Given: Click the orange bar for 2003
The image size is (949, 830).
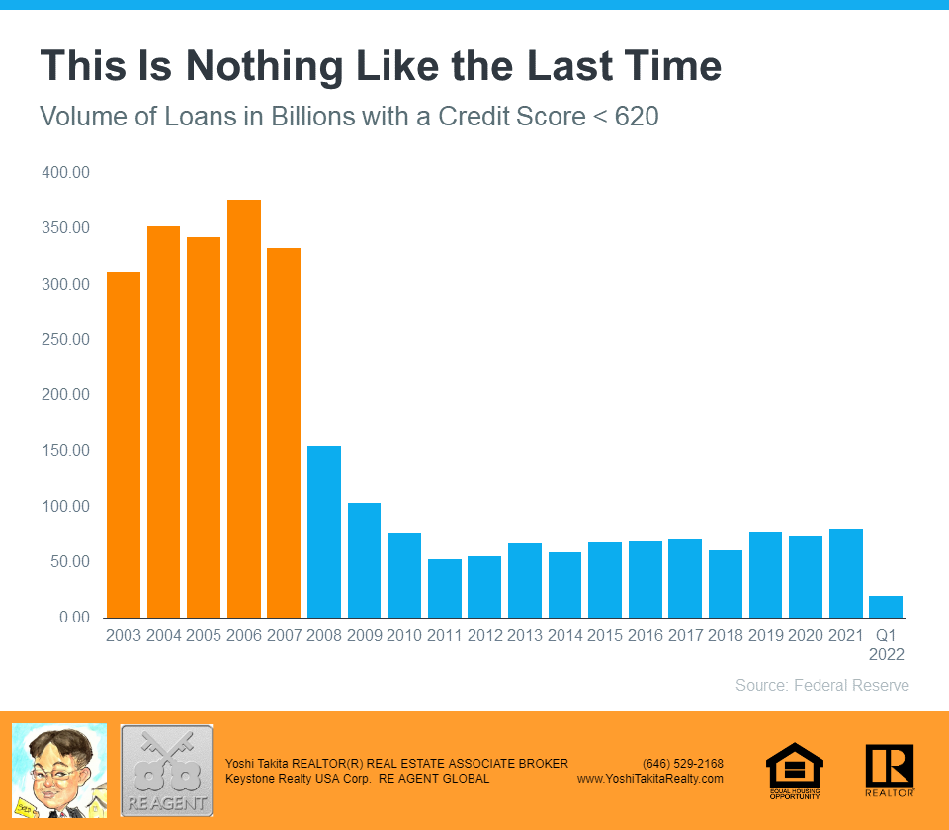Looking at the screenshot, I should (124, 445).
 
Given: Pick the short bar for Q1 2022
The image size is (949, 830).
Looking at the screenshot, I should (886, 607).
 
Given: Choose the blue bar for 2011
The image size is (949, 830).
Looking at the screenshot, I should (445, 588).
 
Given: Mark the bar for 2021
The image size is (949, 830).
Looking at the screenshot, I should (846, 573).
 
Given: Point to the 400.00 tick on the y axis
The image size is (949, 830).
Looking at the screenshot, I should (66, 173).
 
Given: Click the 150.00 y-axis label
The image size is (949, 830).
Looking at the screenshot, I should (66, 451).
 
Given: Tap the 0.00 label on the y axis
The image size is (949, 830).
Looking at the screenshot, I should (73, 618).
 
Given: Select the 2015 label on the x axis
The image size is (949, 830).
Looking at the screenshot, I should (605, 635).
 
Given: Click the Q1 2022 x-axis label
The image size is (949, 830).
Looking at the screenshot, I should (886, 644).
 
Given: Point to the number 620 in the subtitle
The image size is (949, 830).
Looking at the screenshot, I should (637, 117).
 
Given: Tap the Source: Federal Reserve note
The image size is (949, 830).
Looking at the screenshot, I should (822, 685).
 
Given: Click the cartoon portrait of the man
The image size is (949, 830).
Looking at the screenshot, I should (58, 771).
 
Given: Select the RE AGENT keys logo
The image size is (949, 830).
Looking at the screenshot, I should (166, 771).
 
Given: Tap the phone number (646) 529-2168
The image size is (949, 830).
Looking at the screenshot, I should (683, 764).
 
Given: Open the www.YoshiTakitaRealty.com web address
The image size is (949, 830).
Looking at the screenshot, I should (650, 779).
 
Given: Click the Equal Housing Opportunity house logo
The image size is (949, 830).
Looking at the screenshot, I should (795, 771).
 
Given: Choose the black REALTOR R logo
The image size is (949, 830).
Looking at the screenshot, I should (889, 770).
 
